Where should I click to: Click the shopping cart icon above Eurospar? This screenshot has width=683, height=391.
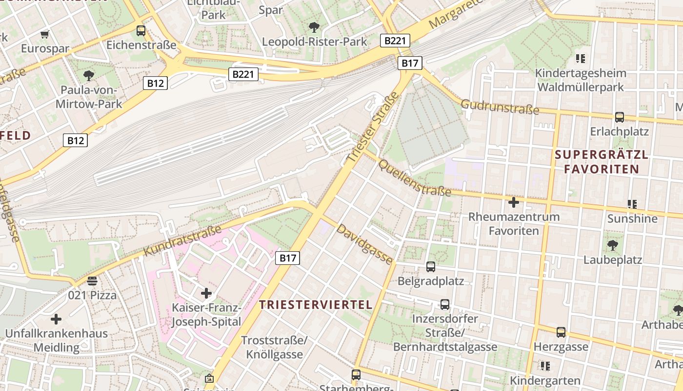(x=45, y=34)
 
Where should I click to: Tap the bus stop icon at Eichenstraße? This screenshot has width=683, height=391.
(x=141, y=30)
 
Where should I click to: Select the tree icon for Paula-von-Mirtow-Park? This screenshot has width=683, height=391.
(x=88, y=75)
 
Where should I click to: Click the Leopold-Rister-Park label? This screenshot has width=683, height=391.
(x=314, y=42)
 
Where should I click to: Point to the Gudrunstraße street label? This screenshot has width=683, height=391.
(x=500, y=107)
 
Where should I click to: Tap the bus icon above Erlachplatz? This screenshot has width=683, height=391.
(x=619, y=117)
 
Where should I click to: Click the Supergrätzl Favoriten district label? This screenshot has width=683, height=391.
(x=601, y=162)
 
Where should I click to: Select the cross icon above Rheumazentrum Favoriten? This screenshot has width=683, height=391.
(x=513, y=202)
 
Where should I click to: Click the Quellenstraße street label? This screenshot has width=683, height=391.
(x=415, y=178)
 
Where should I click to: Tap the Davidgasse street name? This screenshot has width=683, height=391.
(x=365, y=244)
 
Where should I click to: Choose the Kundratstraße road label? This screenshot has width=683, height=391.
(x=182, y=240)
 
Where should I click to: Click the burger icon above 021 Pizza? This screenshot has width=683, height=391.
(x=92, y=281)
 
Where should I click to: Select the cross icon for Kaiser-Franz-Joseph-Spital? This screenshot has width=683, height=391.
(x=206, y=293)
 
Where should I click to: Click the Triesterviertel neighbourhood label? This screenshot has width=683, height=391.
(x=316, y=304)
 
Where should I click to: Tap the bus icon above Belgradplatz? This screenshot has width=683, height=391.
(x=430, y=267)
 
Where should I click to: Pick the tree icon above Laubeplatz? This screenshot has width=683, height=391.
(x=613, y=245)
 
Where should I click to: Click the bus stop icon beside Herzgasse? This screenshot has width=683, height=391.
(x=561, y=332)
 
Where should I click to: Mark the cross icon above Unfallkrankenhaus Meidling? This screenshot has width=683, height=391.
(x=56, y=319)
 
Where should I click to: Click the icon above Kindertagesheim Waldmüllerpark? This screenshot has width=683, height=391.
(x=580, y=59)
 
